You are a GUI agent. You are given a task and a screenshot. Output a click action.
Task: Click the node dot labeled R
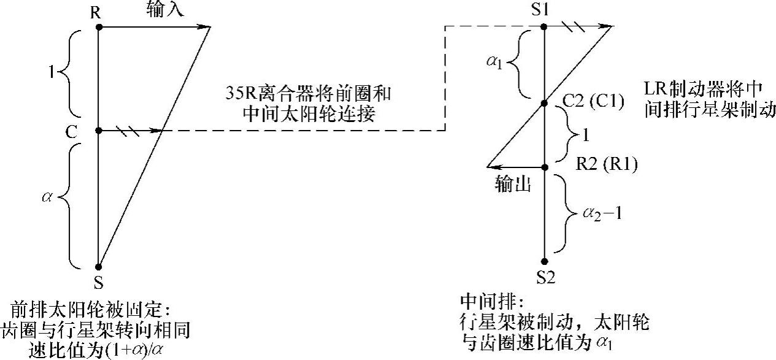click(98, 27)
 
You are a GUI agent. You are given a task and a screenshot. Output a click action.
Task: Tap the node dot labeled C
click(98, 130)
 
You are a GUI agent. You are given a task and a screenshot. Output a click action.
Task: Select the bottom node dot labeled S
click(98, 267)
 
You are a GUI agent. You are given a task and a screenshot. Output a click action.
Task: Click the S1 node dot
click(544, 26)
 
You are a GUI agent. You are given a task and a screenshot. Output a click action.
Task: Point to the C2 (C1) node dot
click(544, 104)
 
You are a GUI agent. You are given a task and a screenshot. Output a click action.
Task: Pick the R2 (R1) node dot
click(544, 166)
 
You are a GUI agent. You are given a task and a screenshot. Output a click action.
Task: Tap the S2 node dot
click(544, 261)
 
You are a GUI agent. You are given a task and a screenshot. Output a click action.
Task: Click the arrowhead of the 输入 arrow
click(206, 27)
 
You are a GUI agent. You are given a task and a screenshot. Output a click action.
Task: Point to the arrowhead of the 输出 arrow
click(491, 166)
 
